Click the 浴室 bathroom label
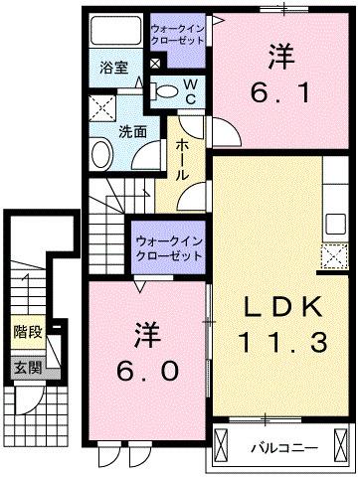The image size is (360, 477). (x=113, y=69)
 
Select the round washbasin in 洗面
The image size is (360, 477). (x=103, y=153)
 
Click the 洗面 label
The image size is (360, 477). (x=106, y=129)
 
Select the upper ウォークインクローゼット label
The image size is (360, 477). (x=177, y=36)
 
